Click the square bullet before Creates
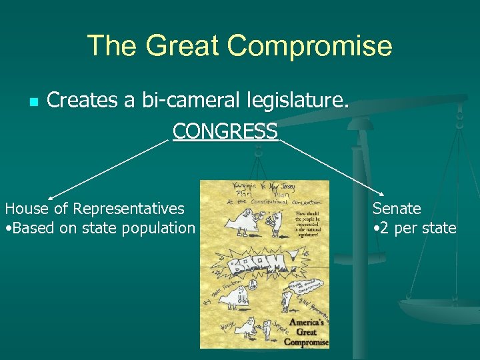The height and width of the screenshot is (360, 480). tap(33, 102)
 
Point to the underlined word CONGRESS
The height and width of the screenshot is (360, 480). tap(225, 131)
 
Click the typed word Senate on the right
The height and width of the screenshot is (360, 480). tap(397, 209)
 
